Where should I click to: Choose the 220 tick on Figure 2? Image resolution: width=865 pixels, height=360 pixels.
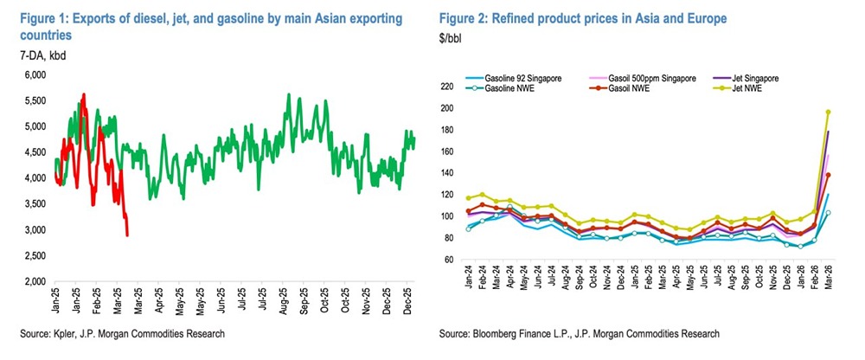[x=447, y=87]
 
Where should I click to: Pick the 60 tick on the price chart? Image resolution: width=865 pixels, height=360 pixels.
[x=451, y=260]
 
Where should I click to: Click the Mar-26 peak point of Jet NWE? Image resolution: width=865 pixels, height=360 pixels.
[x=828, y=112]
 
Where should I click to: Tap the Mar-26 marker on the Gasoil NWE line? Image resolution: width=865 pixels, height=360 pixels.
[x=828, y=175]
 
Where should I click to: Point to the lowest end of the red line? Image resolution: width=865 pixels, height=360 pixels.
[x=128, y=235]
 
